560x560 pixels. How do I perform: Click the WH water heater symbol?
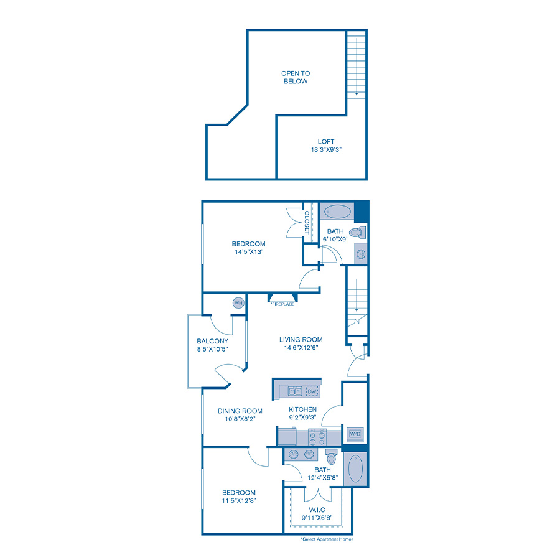coord(238,303)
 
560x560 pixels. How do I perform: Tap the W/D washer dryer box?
coord(355,432)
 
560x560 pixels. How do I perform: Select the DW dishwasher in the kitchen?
coord(312,391)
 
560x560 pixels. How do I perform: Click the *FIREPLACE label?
coord(282,304)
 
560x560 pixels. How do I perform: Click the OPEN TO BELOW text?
coord(294,77)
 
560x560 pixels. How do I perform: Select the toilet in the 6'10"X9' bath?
coord(356,233)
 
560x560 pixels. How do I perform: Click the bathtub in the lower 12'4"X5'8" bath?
coord(355,470)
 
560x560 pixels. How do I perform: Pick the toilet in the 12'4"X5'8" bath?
coord(331,457)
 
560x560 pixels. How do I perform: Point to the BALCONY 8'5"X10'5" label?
coord(212,345)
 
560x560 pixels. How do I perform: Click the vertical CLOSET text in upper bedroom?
coord(307,222)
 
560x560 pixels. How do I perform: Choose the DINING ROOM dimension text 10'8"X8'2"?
coord(240,419)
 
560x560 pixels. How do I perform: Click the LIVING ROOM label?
coord(301,340)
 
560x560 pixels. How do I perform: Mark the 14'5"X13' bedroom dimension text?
coord(248,253)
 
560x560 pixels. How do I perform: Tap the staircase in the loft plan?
coord(356,62)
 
